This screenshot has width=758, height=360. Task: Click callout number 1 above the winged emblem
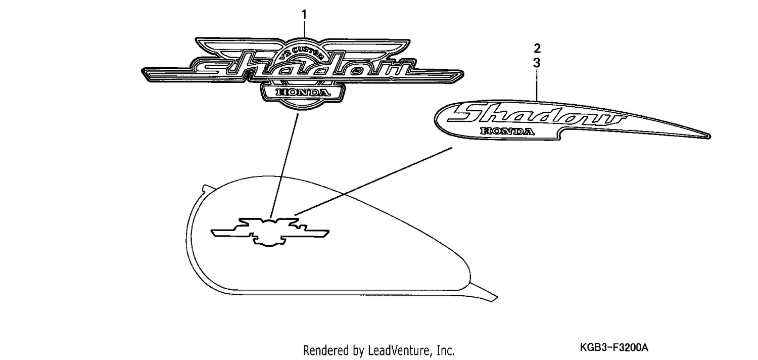pyautogui.click(x=304, y=15)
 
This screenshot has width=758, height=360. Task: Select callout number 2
pyautogui.click(x=537, y=49)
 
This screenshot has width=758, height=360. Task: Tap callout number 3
pyautogui.click(x=537, y=63)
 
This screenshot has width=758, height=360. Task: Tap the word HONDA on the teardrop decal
pyautogui.click(x=507, y=131)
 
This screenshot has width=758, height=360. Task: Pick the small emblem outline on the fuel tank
pyautogui.click(x=270, y=232)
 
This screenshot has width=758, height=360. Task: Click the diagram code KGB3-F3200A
pyautogui.click(x=614, y=347)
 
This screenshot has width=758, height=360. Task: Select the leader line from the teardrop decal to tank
pyautogui.click(x=373, y=181)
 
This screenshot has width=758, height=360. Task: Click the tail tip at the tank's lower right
pyautogui.click(x=496, y=298)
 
